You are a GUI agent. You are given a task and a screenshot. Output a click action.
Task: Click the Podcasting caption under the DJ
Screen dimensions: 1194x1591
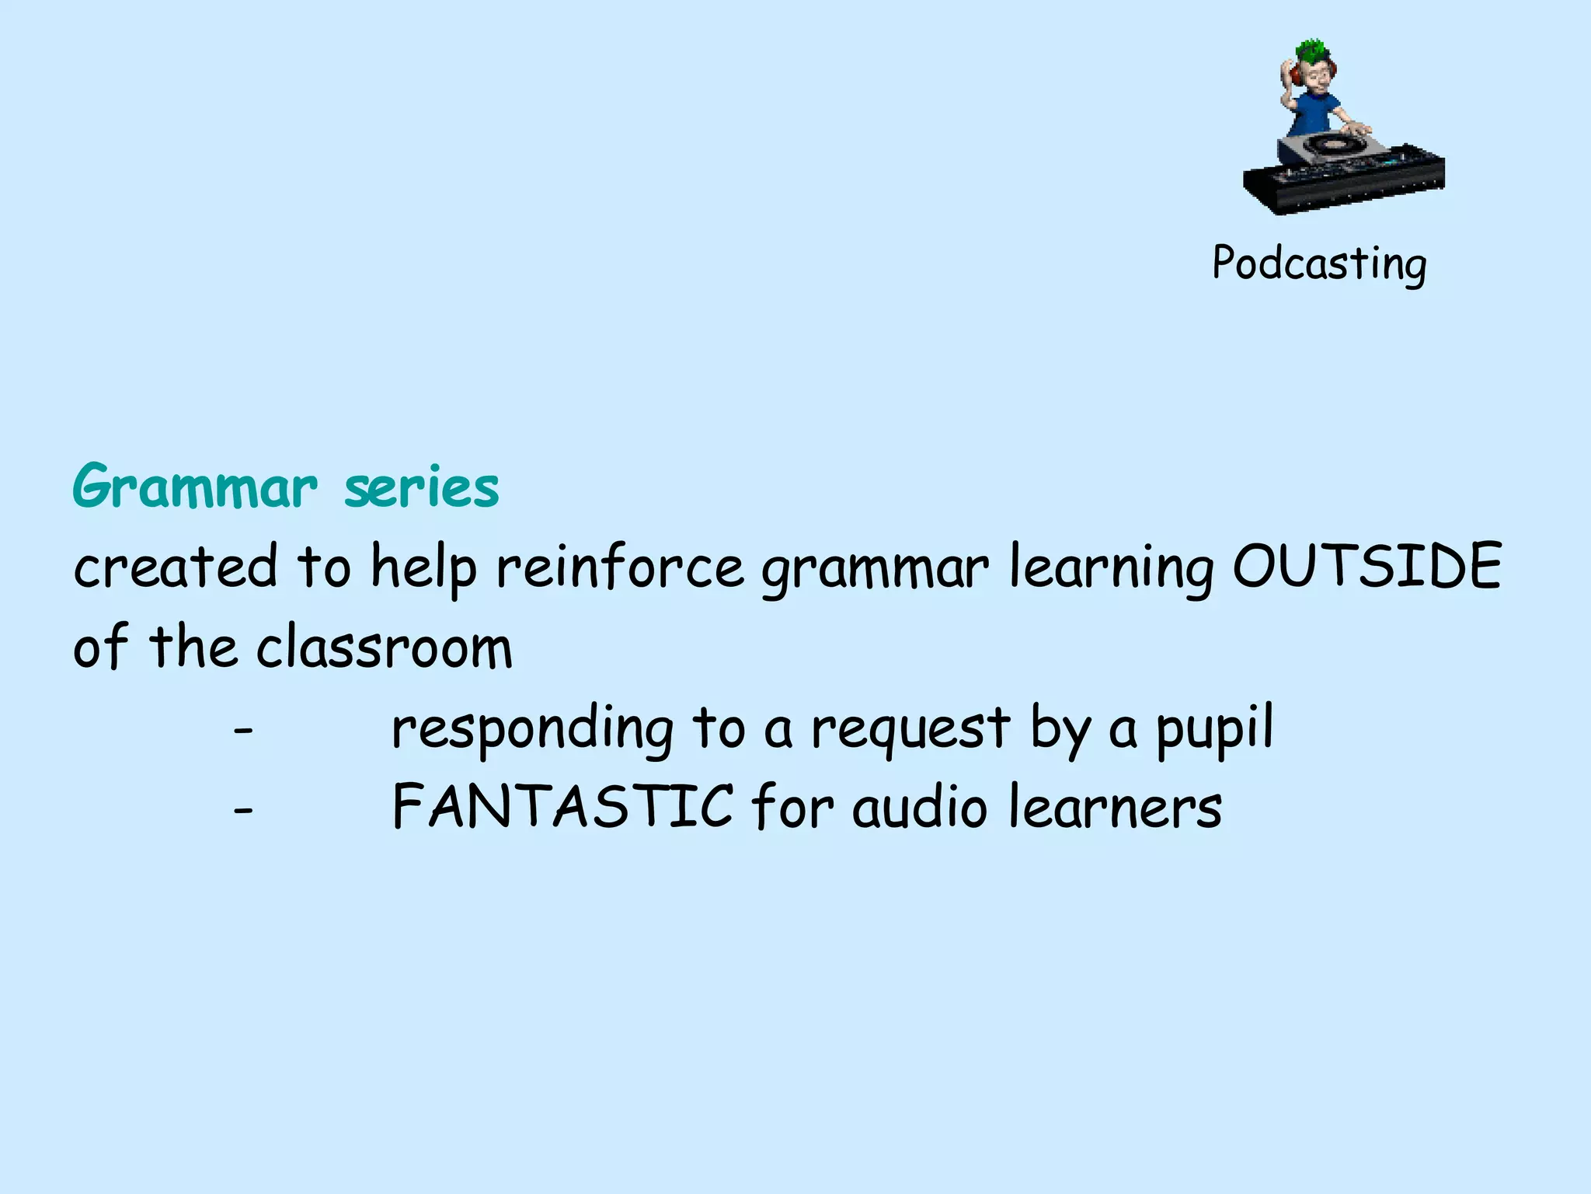click(1319, 264)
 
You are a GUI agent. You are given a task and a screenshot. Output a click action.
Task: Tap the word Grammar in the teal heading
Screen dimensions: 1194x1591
click(195, 488)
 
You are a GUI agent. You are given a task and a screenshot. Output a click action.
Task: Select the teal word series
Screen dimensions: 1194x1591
click(421, 488)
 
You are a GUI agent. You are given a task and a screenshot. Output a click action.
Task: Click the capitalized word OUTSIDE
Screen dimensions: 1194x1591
click(1367, 566)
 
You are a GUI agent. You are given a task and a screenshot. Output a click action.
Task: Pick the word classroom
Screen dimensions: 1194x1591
click(385, 647)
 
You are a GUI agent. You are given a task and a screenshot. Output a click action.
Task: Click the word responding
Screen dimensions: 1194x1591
click(532, 729)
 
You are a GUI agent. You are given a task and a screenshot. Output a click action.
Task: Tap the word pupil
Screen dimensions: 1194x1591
click(1214, 729)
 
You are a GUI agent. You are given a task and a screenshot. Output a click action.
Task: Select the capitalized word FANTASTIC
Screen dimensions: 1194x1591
click(562, 807)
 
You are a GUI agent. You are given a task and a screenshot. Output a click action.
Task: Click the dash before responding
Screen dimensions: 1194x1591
click(243, 731)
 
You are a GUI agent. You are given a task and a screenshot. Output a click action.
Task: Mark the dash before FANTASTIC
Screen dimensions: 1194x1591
click(243, 811)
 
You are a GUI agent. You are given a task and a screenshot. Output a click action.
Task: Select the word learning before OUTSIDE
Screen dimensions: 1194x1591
click(1111, 567)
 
